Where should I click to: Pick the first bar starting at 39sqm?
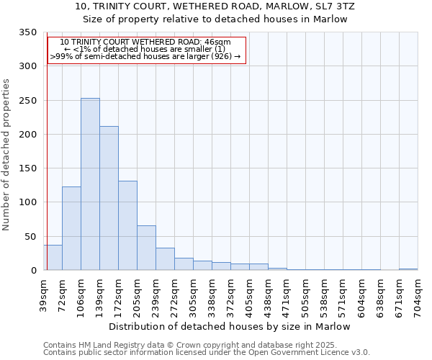[x=53, y=257]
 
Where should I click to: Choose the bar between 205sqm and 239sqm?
[x=146, y=248]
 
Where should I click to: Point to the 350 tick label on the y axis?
[x=27, y=32]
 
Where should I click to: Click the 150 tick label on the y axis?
[x=27, y=168]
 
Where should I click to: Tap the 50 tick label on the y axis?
[x=30, y=236]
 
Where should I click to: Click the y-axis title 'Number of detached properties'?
[x=6, y=155]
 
